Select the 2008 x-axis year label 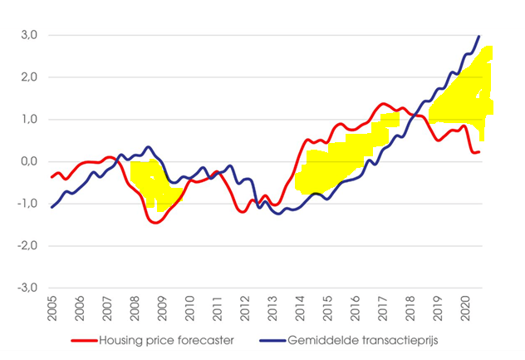(x=135, y=308)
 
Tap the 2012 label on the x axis (x=244, y=308)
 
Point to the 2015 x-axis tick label (x=326, y=308)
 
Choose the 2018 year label (x=409, y=308)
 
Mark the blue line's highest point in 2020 (x=479, y=36)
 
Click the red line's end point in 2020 (x=479, y=151)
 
